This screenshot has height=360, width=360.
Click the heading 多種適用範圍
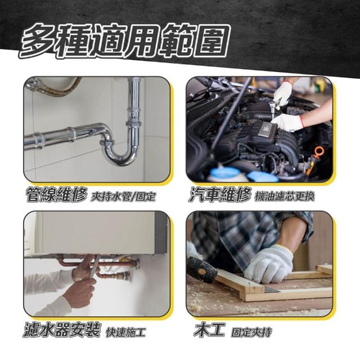point(124,41)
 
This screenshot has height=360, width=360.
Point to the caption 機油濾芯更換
point(284,196)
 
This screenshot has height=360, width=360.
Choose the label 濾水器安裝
point(62,330)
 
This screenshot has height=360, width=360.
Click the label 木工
point(209,330)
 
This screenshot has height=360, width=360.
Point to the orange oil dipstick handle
point(319,152)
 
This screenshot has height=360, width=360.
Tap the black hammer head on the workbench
point(201,269)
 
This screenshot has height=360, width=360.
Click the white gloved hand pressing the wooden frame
point(269,264)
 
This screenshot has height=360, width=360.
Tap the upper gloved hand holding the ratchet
point(283,93)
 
